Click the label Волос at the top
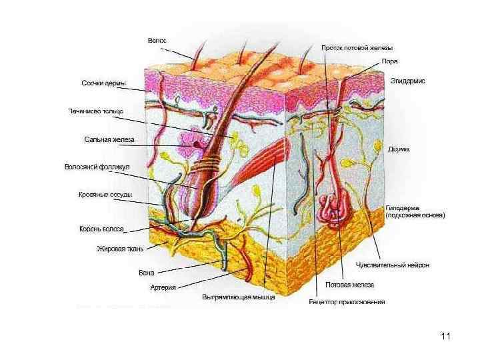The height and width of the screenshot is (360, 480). click(x=157, y=41)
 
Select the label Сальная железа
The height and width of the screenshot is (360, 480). click(x=109, y=140)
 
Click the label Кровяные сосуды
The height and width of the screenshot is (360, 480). click(x=105, y=195)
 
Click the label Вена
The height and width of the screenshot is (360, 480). click(x=147, y=272)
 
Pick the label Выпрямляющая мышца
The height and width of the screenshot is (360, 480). click(x=239, y=297)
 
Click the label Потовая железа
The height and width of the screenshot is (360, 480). click(x=349, y=285)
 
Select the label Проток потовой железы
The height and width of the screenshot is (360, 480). click(x=357, y=48)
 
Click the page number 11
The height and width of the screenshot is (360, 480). click(x=446, y=335)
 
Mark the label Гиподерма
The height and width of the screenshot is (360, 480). click(x=403, y=207)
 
